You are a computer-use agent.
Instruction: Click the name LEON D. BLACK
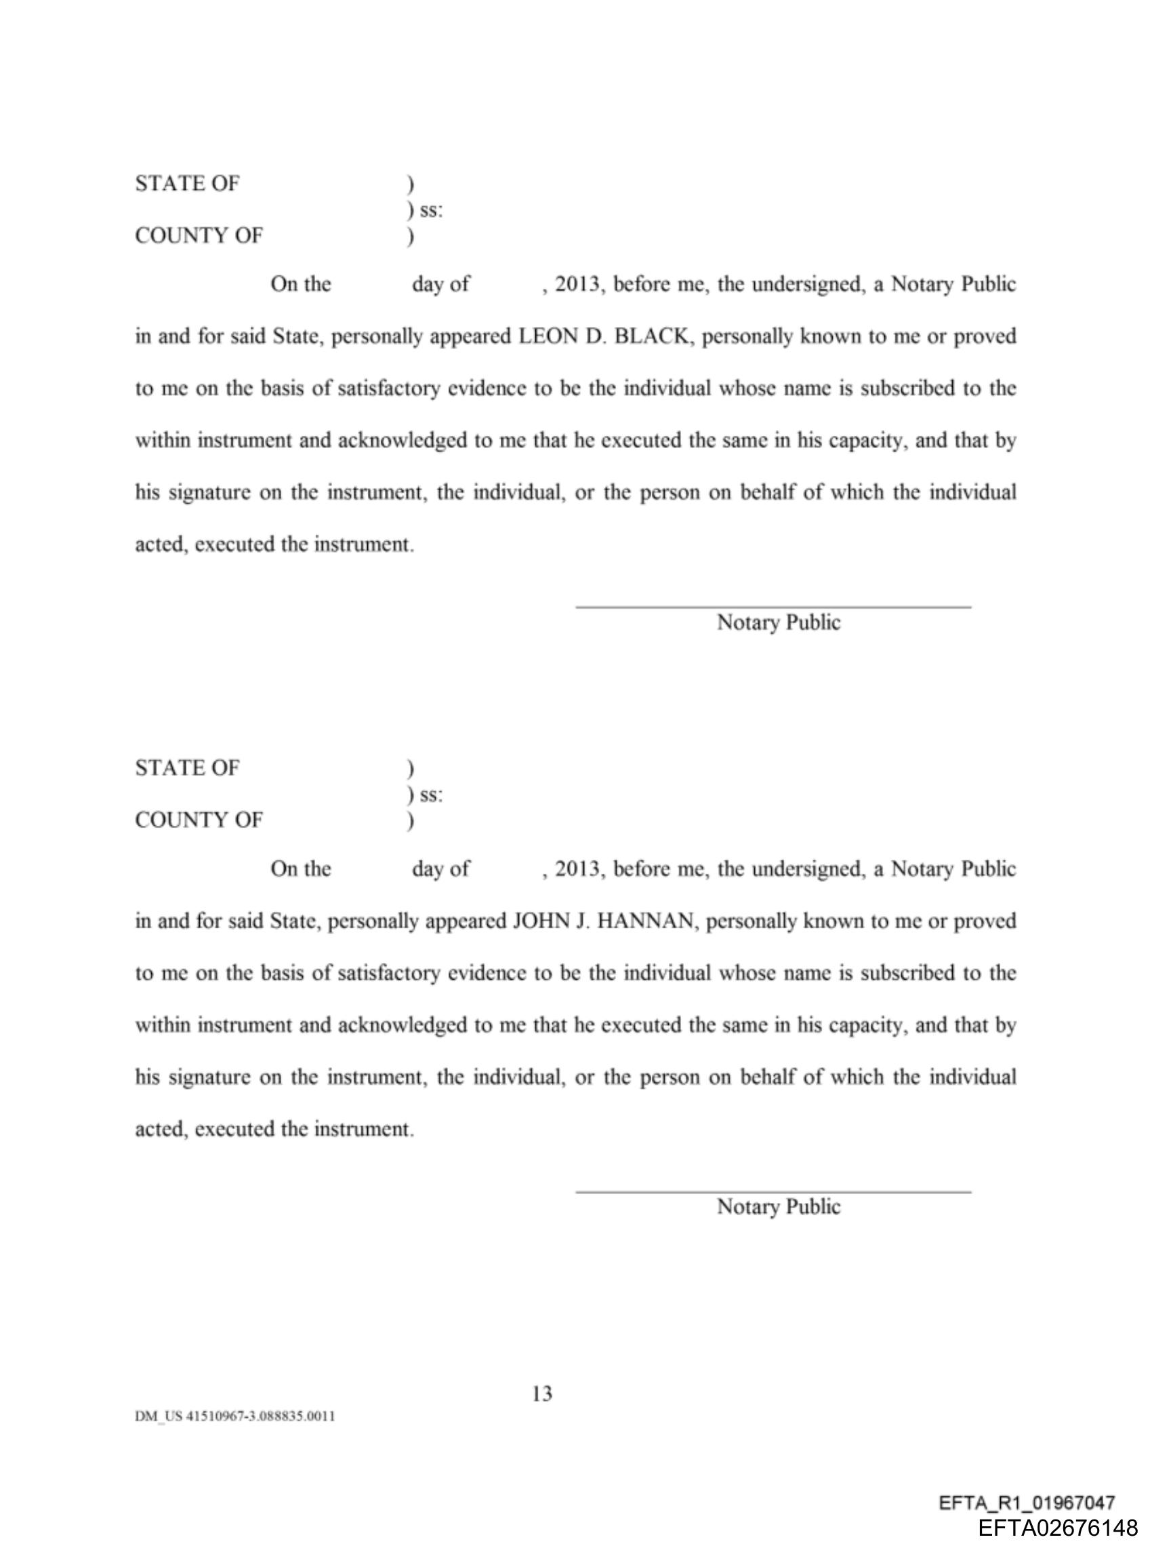tap(602, 336)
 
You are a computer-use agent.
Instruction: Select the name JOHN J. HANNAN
tap(603, 921)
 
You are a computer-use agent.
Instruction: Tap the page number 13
tap(542, 1393)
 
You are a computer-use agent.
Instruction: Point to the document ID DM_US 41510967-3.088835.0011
tap(235, 1416)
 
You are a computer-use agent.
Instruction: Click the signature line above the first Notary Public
tap(773, 607)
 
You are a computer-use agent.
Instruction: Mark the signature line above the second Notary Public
tap(773, 1192)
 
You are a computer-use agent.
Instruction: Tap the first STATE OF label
tap(187, 184)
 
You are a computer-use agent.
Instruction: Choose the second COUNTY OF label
tap(199, 820)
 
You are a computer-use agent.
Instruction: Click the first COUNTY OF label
tap(199, 236)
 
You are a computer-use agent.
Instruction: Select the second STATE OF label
tap(187, 768)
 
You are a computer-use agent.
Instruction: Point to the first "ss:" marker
tap(430, 210)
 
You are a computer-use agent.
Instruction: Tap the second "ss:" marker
tap(430, 795)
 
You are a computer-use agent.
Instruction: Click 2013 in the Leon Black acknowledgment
tap(577, 285)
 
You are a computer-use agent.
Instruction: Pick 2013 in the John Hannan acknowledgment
tap(577, 869)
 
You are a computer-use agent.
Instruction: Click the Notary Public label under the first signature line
tap(778, 622)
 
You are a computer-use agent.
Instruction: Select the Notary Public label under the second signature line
tap(778, 1207)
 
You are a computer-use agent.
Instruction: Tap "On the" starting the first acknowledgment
tap(301, 285)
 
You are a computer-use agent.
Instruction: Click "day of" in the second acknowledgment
tap(440, 869)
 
